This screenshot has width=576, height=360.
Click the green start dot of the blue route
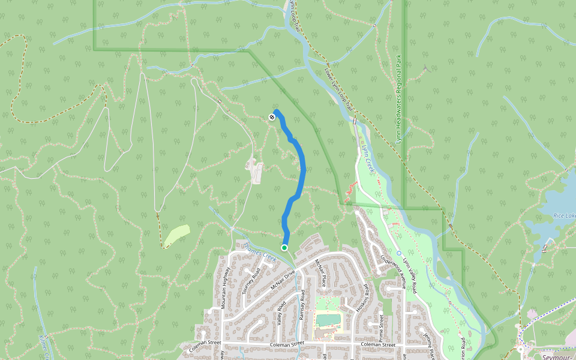(284, 247)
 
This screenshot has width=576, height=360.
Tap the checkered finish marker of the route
(272, 117)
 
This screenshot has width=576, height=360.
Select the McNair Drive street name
(283, 280)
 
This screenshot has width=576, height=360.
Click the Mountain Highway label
(226, 288)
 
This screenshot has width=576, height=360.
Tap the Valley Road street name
(280, 312)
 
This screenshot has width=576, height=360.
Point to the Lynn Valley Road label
(409, 273)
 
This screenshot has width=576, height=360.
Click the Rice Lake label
(564, 215)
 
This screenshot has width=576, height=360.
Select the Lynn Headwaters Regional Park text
(398, 100)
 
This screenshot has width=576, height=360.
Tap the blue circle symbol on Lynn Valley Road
(398, 253)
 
